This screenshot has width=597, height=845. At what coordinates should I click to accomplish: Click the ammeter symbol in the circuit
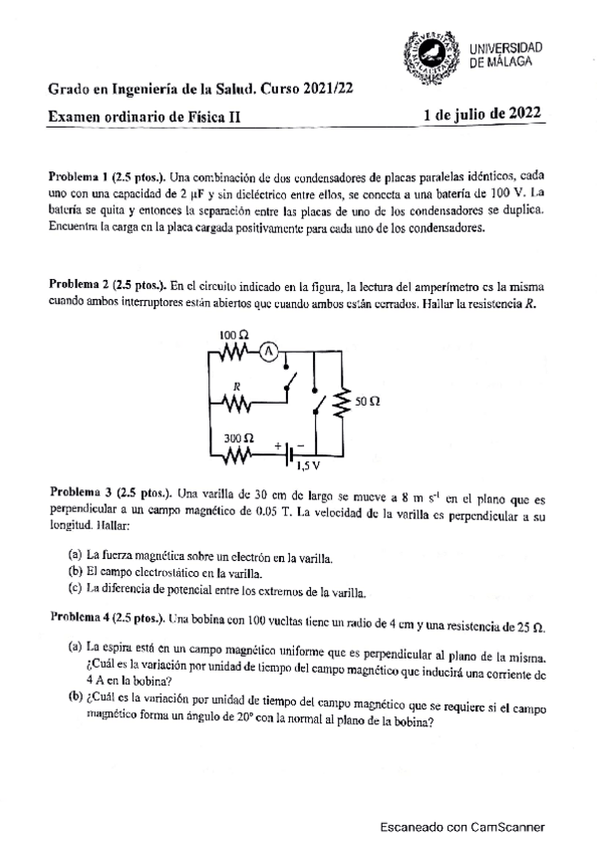(x=267, y=349)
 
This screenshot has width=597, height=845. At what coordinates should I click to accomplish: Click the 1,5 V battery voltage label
(x=307, y=464)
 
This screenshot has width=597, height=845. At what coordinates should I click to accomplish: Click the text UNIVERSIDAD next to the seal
(x=505, y=48)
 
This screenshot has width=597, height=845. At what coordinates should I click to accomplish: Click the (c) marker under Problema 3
(x=75, y=591)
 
